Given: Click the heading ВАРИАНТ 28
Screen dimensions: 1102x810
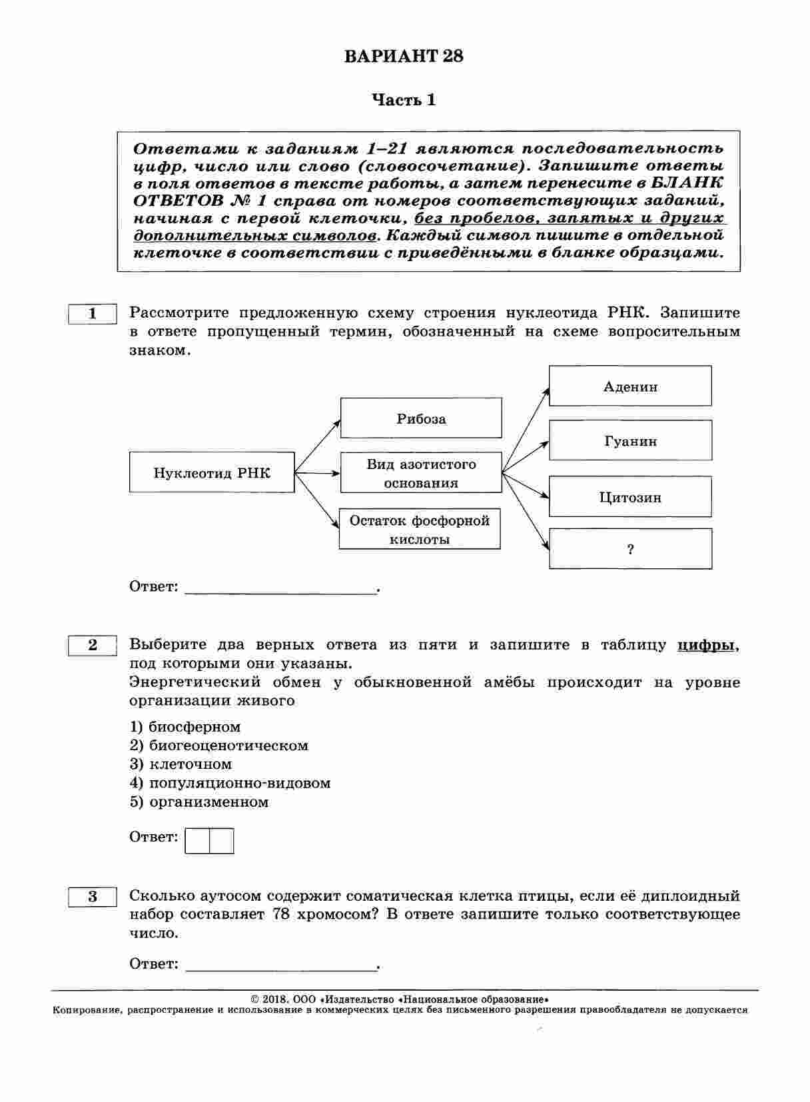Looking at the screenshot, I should click(x=404, y=56).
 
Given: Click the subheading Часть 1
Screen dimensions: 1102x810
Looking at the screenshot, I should click(x=404, y=100).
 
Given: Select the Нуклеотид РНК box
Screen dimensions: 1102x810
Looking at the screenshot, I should click(x=212, y=473).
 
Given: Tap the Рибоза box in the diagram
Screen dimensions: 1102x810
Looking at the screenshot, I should click(x=421, y=418).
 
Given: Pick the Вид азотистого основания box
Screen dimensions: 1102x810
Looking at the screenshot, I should click(x=421, y=473).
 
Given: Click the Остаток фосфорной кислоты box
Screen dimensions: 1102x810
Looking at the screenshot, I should click(x=420, y=530).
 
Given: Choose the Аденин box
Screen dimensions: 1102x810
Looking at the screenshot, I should click(x=630, y=386).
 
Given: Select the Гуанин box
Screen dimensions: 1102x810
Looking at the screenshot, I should click(x=630, y=440).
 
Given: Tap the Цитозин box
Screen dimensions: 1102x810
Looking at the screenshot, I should click(x=630, y=497).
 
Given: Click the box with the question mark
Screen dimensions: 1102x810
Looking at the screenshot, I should click(x=630, y=549).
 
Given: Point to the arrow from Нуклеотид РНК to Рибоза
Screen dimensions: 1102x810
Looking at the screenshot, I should click(x=318, y=445).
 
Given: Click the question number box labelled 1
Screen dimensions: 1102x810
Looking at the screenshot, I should click(x=93, y=314).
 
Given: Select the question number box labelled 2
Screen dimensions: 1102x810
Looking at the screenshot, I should click(x=93, y=645).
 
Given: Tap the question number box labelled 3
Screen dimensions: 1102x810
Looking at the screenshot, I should click(x=93, y=897).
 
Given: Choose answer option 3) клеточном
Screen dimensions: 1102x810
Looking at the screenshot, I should click(x=181, y=764).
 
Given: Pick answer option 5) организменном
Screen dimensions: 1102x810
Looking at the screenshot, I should click(x=199, y=802).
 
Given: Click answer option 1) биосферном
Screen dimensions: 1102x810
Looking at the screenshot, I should click(x=185, y=727).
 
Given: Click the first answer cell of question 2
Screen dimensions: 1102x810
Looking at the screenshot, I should click(x=197, y=841).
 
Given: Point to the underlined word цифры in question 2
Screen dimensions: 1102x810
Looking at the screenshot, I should click(x=707, y=645).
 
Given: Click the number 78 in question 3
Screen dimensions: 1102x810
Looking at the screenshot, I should click(x=280, y=915).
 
